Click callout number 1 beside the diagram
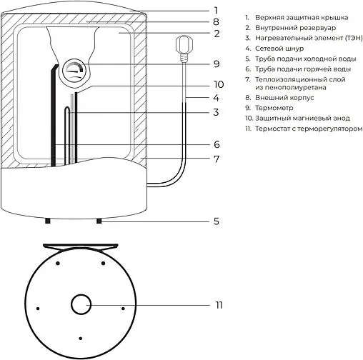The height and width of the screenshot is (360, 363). click(x=215, y=10)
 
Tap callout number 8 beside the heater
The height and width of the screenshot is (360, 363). click(x=215, y=21)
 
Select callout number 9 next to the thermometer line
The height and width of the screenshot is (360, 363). click(x=215, y=64)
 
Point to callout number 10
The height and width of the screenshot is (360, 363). click(x=219, y=84)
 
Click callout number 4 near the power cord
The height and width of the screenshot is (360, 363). click(x=215, y=97)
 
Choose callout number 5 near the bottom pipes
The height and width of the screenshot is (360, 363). click(x=215, y=221)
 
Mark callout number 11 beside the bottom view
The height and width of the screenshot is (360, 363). click(x=219, y=305)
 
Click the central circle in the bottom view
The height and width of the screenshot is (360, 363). click(x=79, y=305)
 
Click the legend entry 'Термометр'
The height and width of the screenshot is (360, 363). click(x=274, y=107)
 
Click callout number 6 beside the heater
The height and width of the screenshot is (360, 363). click(x=215, y=144)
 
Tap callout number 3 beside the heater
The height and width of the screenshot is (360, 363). click(x=215, y=112)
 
